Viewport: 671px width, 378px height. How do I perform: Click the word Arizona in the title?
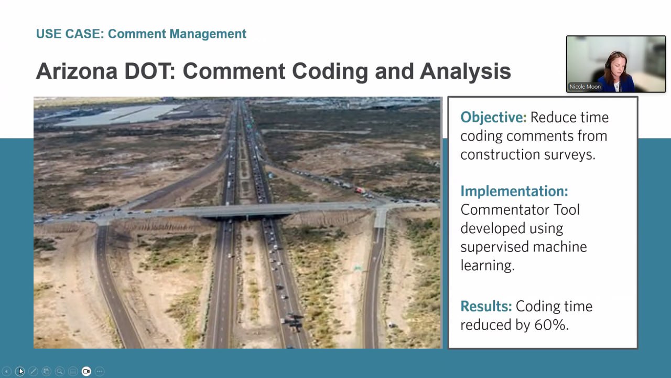click(x=77, y=71)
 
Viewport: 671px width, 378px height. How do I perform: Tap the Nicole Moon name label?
click(x=585, y=87)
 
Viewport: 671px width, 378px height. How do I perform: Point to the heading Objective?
click(x=493, y=117)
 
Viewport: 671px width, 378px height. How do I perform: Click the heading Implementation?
click(x=514, y=191)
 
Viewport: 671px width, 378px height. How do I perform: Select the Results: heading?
click(x=486, y=306)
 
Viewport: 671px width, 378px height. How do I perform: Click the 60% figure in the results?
click(x=551, y=324)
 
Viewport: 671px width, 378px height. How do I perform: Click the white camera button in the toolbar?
click(x=86, y=371)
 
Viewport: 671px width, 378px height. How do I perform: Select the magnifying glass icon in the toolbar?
click(x=60, y=371)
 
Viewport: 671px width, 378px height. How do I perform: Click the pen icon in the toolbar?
click(x=33, y=371)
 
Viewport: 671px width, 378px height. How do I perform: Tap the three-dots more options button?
click(x=100, y=371)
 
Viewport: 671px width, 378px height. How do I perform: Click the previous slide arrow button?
click(x=7, y=371)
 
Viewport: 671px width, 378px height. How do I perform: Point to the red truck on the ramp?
click(x=360, y=190)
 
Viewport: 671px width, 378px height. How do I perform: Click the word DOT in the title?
click(x=150, y=71)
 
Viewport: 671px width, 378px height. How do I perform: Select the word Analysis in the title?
click(x=465, y=72)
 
